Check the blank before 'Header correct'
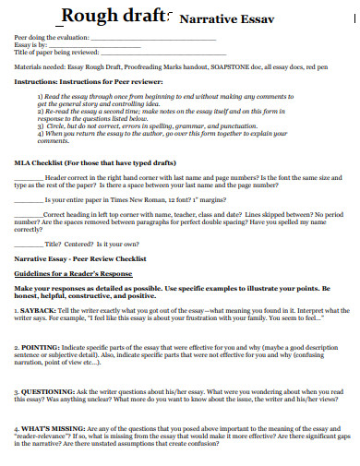tap(29, 177)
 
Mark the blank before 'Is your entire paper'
tap(29, 198)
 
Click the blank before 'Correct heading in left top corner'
tap(29, 213)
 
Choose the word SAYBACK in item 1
tap(40, 310)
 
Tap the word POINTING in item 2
tap(42, 346)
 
